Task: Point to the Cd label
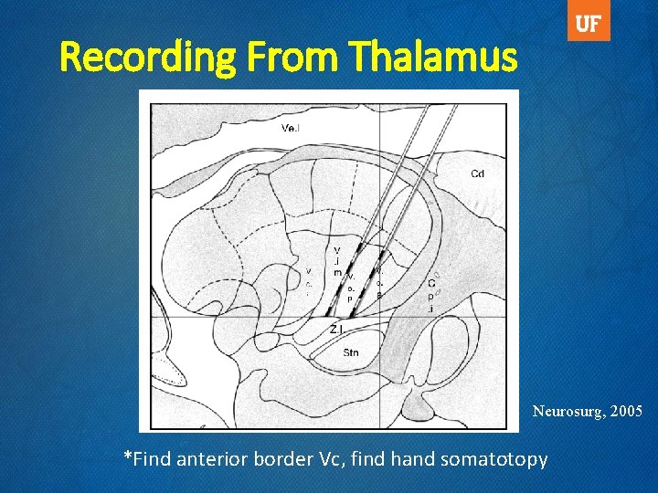(477, 173)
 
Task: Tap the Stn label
(351, 351)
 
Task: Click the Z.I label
(337, 329)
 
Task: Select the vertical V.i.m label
(337, 261)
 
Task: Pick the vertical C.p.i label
(430, 295)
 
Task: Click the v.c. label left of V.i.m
(309, 277)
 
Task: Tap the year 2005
(626, 412)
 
